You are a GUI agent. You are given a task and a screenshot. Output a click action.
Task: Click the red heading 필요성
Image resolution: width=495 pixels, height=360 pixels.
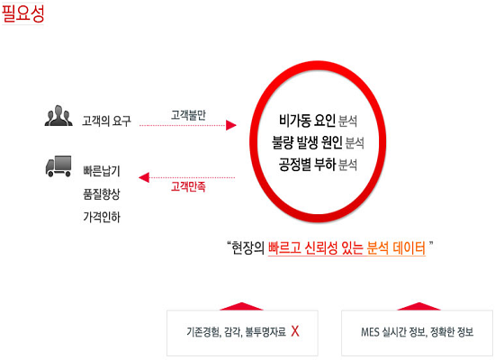[x=22, y=13]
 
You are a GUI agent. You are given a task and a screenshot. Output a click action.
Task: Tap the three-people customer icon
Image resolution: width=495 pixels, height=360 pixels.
[x=58, y=116]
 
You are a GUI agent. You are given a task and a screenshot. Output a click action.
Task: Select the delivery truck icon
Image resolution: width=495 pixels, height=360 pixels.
[x=58, y=166]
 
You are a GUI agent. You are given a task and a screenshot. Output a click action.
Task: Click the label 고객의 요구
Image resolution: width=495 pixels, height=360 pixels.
[x=106, y=121]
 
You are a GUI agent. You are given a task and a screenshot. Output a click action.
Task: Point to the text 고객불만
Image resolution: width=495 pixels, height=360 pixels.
[x=188, y=115]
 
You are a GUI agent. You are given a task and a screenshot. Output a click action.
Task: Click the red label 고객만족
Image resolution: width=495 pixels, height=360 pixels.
[x=188, y=186]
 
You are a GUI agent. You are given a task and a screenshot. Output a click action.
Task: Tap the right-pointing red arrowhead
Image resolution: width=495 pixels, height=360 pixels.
[x=231, y=125]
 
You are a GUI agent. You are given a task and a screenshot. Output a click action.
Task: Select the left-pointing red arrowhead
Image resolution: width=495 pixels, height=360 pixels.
[x=144, y=177]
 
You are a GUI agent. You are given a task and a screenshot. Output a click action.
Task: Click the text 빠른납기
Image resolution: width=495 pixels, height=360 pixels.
[x=102, y=171]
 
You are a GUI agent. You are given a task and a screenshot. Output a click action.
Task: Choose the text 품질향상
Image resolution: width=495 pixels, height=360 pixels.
[x=102, y=193]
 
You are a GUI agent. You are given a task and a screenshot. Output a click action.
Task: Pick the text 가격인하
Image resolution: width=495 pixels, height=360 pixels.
[x=102, y=217]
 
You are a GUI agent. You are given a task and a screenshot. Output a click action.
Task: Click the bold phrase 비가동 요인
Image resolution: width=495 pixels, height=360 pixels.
[x=307, y=121]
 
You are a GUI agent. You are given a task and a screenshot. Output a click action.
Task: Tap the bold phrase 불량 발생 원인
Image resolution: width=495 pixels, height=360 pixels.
[x=307, y=142]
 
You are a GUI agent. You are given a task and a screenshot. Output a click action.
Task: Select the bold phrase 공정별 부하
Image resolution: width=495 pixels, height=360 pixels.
[x=307, y=165]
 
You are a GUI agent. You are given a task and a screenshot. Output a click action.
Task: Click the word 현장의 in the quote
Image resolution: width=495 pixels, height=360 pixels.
[x=247, y=247]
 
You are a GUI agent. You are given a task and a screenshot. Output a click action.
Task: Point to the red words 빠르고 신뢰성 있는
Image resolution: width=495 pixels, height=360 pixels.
[x=316, y=247]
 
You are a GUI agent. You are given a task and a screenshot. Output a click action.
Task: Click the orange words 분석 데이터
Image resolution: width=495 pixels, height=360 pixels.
[x=396, y=247]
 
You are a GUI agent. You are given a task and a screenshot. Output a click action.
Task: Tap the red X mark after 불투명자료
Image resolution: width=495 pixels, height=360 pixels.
[x=295, y=331]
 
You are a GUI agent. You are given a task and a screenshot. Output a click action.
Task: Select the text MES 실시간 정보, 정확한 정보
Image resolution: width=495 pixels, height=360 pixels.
[x=417, y=332]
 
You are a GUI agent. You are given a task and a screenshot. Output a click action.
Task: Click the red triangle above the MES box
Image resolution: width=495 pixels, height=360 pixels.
[x=418, y=307]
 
